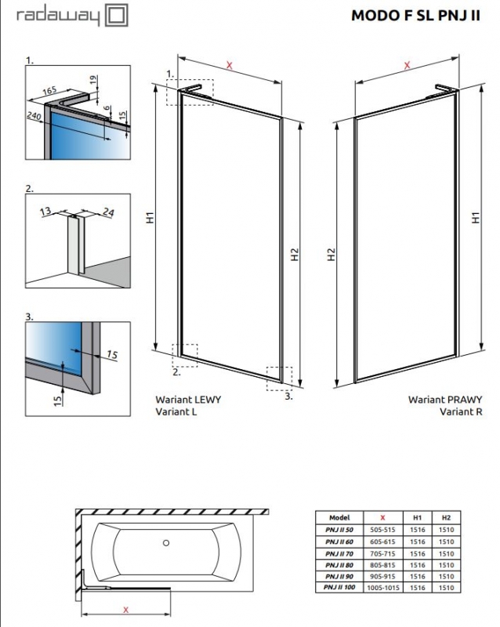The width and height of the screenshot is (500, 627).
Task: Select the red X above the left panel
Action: (229, 66)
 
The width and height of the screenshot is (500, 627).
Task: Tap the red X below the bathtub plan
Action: (125, 609)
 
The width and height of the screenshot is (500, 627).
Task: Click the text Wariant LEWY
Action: (188, 399)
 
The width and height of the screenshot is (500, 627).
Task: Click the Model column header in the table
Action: (340, 518)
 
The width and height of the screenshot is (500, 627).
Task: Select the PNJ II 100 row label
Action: (340, 587)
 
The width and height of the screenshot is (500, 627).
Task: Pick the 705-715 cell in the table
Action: (383, 553)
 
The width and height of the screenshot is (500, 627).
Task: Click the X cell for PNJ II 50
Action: (383, 529)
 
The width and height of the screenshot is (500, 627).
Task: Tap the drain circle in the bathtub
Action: (165, 542)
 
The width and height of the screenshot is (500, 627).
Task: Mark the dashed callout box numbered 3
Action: (279, 378)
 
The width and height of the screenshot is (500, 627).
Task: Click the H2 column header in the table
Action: (446, 518)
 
